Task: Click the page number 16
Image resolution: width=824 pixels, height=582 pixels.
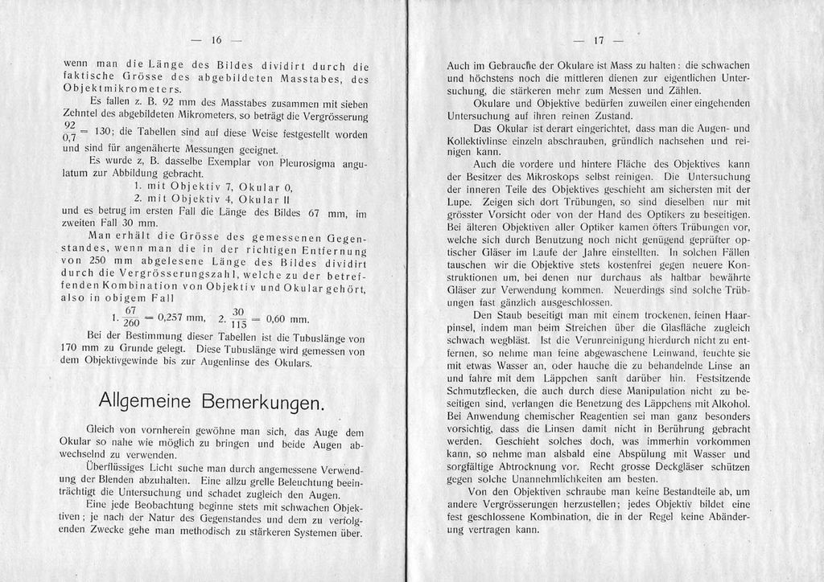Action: pos(216,40)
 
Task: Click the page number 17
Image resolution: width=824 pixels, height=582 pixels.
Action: pos(598,40)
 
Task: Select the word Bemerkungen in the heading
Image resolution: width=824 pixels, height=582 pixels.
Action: pos(262,400)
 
